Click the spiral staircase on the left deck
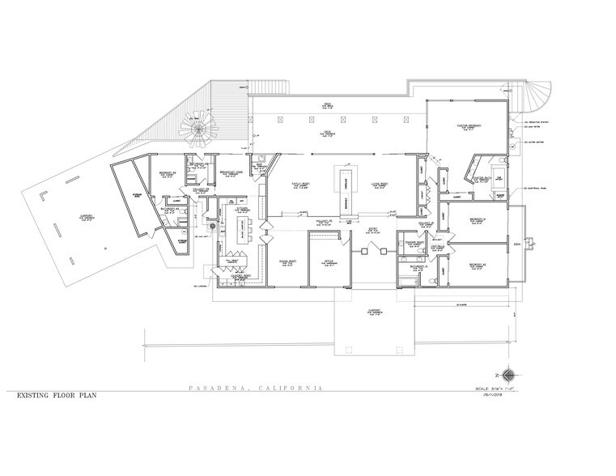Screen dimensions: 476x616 click(x=197, y=128)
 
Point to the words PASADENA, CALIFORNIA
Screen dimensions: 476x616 click(x=253, y=389)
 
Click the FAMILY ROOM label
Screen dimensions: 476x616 click(x=301, y=185)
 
